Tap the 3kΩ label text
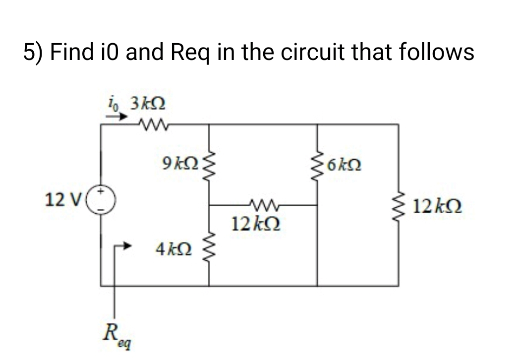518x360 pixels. pyautogui.click(x=147, y=105)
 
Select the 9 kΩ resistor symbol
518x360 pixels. pyautogui.click(x=208, y=162)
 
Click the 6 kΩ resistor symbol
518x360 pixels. pyautogui.click(x=318, y=163)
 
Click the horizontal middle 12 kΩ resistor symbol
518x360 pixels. pyautogui.click(x=263, y=204)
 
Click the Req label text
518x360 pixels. pyautogui.click(x=115, y=330)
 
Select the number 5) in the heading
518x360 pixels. pyautogui.click(x=33, y=53)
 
